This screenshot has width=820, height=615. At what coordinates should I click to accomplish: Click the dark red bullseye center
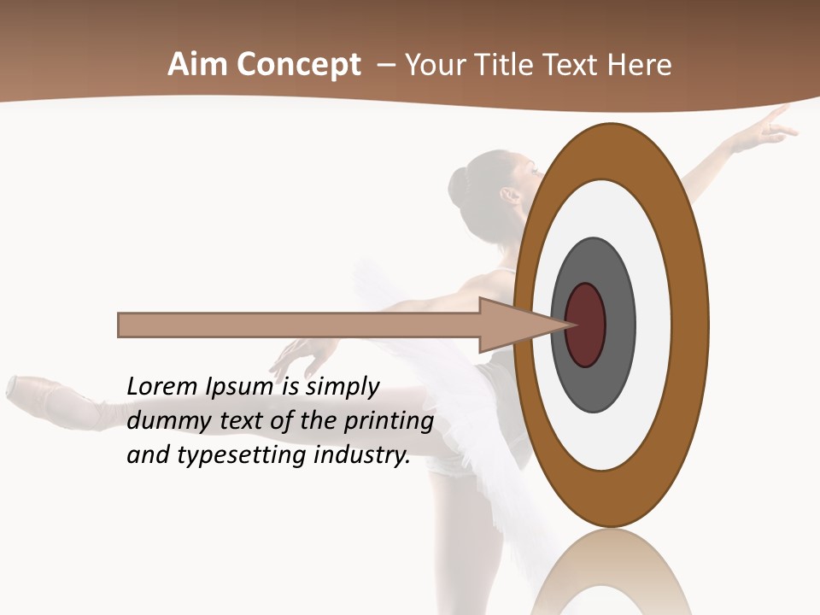click(x=585, y=325)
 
